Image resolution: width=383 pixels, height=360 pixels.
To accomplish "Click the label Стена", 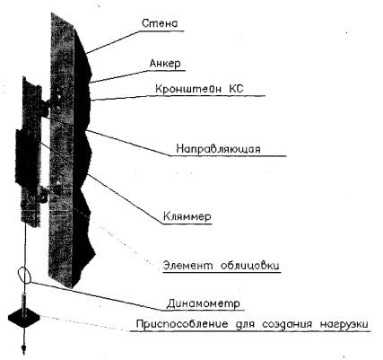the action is click(160, 23).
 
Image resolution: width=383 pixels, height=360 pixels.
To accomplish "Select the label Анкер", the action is click(165, 64).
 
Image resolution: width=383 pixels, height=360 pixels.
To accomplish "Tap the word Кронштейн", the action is click(188, 89).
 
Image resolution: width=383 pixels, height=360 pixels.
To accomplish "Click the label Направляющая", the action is click(218, 149).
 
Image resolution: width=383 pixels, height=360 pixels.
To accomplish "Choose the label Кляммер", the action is click(187, 216).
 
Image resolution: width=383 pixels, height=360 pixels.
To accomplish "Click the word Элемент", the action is click(187, 265).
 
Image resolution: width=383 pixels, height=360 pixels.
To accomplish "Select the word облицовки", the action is click(249, 266).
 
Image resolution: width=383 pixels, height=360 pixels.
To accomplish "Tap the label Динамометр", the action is click(204, 303).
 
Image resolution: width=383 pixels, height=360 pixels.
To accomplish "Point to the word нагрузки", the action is click(344, 325).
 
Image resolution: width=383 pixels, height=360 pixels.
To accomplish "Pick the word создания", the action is click(288, 324).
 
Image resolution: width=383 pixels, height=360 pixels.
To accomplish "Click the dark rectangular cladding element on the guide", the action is click(27, 157).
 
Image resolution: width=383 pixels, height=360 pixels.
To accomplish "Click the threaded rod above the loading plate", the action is click(23, 303).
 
